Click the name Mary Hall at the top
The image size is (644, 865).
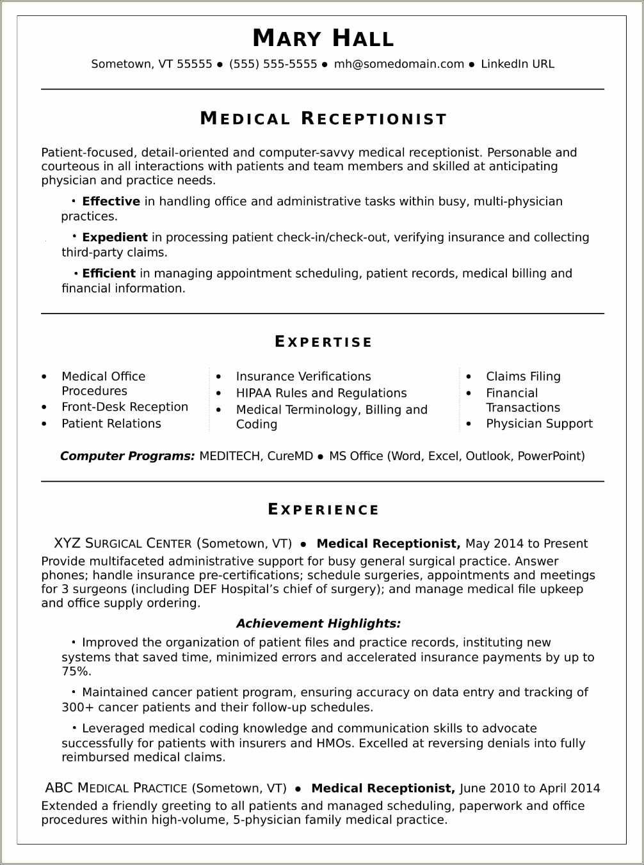point(323,38)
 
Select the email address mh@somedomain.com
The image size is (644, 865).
point(399,64)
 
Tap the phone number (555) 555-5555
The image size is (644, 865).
point(273,64)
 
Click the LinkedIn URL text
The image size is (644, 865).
point(517,64)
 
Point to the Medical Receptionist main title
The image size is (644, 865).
point(323,119)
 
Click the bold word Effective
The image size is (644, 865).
point(111,202)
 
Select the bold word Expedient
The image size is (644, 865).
point(115,237)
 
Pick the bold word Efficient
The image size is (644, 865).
point(109,273)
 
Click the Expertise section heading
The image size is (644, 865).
point(323,342)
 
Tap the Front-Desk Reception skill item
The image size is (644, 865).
point(125,407)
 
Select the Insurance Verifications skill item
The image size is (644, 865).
point(303,376)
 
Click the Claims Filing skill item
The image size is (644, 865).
point(523,376)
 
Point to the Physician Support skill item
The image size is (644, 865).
point(539,424)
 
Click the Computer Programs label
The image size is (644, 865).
point(127,456)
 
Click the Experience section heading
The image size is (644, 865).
point(323,510)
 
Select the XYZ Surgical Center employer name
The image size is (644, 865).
point(123,544)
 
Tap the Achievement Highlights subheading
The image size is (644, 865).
point(318,623)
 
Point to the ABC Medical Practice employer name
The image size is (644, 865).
point(116,788)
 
